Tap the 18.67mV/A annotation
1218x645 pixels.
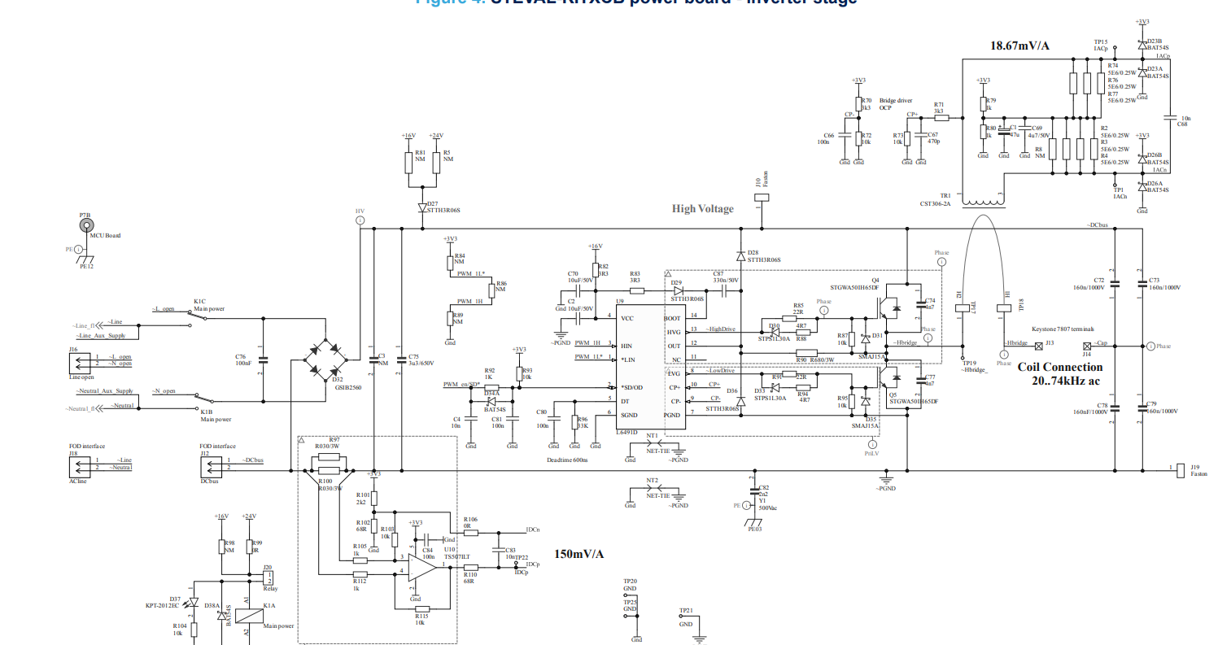pyautogui.click(x=1019, y=46)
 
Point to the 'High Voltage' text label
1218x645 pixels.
pyautogui.click(x=702, y=209)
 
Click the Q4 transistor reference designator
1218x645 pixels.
pyautogui.click(x=875, y=279)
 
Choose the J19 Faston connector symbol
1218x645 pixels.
pyautogui.click(x=1179, y=470)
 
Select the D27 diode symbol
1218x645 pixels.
pyautogui.click(x=422, y=208)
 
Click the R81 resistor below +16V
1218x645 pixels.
pyautogui.click(x=408, y=162)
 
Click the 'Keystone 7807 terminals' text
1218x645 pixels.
pyautogui.click(x=1066, y=329)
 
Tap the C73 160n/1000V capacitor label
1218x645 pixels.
pyautogui.click(x=1162, y=282)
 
